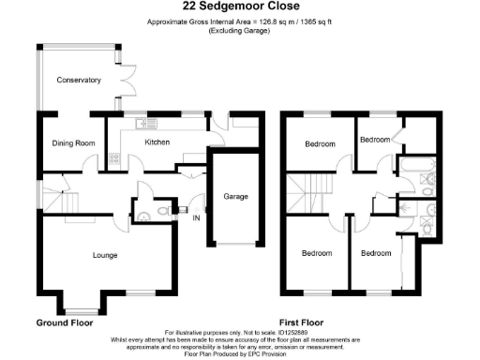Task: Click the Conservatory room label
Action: coord(78,81)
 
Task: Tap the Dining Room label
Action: coord(73,143)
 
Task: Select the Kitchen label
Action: coord(157,142)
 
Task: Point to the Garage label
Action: coord(235,197)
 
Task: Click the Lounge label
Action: coord(104,254)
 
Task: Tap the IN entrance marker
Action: coord(196,218)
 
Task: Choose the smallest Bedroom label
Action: coord(375,139)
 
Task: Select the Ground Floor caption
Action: coord(65,322)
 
